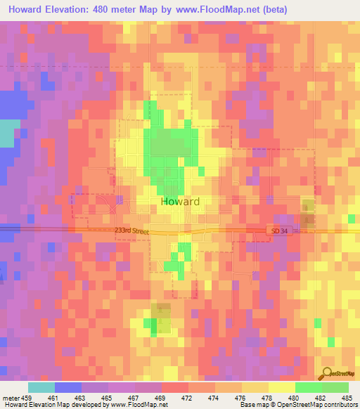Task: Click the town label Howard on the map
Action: click(180, 201)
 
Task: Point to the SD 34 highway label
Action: click(278, 231)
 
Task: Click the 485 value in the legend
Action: click(347, 398)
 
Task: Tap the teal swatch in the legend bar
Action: click(41, 387)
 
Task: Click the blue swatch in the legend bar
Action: click(67, 387)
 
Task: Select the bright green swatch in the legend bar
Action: click(308, 387)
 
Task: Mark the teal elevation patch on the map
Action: click(8, 134)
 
